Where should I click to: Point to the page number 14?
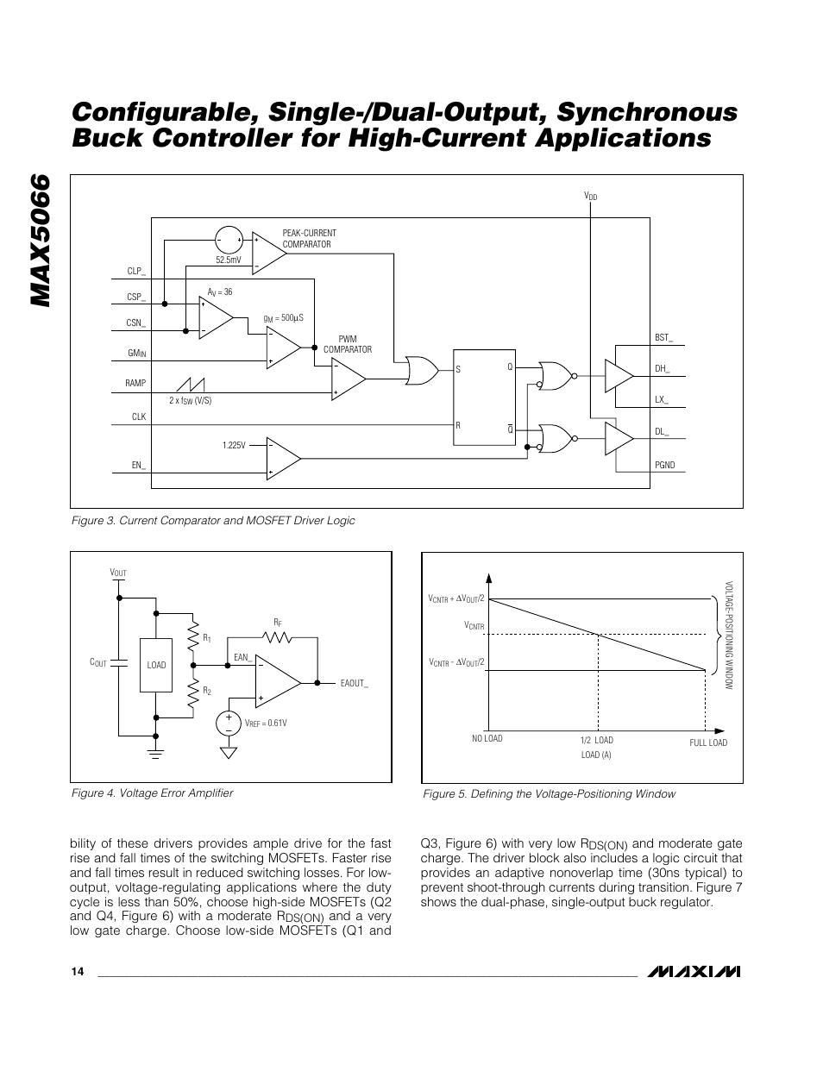click(x=78, y=972)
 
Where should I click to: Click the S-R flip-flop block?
click(x=485, y=398)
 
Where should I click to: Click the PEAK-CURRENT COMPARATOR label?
click(x=309, y=239)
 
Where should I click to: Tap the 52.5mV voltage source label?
click(x=229, y=260)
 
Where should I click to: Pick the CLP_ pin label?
click(x=136, y=271)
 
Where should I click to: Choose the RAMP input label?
click(x=135, y=383)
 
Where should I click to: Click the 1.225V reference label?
click(x=234, y=445)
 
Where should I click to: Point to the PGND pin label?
click(x=664, y=465)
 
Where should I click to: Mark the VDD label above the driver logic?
click(x=591, y=197)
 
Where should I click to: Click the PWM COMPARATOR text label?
click(x=348, y=344)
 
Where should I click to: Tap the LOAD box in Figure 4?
click(x=156, y=665)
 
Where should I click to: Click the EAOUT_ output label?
click(x=355, y=683)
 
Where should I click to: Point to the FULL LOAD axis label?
click(x=708, y=742)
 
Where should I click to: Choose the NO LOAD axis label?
click(x=487, y=738)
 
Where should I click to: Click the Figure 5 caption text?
click(x=548, y=793)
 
